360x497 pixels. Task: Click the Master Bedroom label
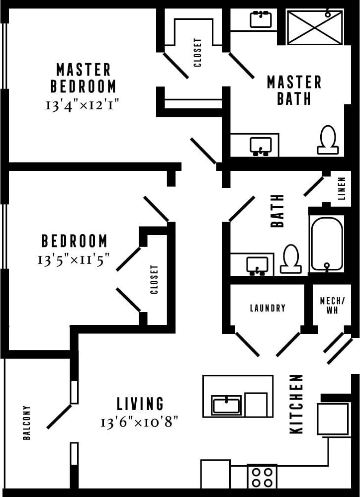83,78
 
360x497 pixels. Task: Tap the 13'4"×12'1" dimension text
83,105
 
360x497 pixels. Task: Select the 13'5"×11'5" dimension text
74,259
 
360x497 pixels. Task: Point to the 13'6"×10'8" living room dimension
139,422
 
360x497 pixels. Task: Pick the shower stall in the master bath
315,27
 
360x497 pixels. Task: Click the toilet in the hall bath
290,260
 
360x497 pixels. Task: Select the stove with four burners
262,477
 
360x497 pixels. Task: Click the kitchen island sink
227,405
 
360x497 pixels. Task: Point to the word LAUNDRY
268,308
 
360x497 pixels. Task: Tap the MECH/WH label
329,306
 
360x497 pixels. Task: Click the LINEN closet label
342,189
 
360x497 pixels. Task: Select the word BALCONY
27,422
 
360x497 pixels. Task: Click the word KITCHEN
296,404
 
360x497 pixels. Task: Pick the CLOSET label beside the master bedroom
198,52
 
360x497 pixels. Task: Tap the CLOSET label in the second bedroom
154,279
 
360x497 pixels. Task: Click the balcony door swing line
59,416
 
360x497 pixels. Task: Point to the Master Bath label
294,90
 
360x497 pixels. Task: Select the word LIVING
140,403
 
